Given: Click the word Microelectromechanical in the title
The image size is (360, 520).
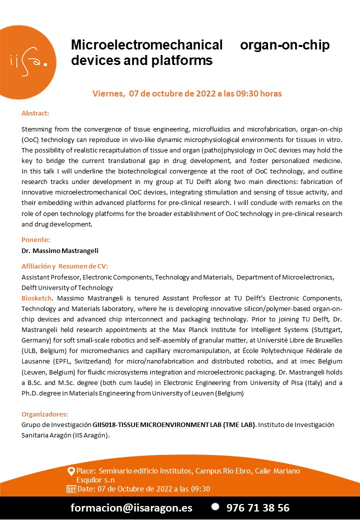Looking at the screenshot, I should (146, 45).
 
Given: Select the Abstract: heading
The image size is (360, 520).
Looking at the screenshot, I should (35, 113).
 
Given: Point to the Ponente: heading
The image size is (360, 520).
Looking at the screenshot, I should (35, 239).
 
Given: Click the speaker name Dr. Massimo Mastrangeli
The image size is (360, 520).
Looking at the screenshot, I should (55, 249).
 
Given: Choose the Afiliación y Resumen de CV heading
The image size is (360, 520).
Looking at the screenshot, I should (64, 266).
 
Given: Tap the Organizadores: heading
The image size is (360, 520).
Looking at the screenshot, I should (44, 414).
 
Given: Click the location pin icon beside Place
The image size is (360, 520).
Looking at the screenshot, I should (71, 471).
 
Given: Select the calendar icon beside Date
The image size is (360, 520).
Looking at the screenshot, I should (71, 488).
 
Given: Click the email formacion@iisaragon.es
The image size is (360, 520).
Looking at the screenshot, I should (131, 507).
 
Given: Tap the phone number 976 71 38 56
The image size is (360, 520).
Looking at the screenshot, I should (258, 507).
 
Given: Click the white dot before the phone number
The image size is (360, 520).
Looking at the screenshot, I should (215, 506).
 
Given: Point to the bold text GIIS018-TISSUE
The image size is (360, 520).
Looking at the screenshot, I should (117, 424).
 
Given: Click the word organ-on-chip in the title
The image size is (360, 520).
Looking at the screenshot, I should (284, 45).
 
